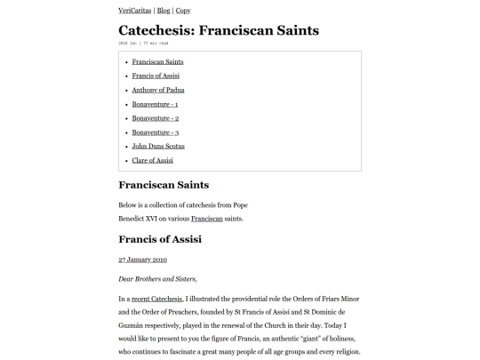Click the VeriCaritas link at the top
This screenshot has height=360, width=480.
coord(135,11)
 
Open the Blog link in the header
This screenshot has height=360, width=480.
coord(164,11)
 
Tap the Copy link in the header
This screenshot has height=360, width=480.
coord(183,11)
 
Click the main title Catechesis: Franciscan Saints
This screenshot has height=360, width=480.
coord(219,30)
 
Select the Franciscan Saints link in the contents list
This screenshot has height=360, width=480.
coord(157,61)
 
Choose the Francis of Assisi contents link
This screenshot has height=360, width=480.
coord(156,76)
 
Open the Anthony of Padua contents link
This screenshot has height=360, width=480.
coord(158,90)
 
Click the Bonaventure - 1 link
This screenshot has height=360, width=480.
coord(155,104)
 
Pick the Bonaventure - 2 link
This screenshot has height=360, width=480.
coord(156,118)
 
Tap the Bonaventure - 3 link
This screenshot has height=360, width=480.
coord(156,132)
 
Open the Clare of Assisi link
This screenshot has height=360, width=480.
coord(153,161)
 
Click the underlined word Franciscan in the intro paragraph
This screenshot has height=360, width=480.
coord(207,219)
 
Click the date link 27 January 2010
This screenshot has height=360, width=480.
coord(142,260)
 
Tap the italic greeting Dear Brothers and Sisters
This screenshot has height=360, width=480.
coord(157,279)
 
